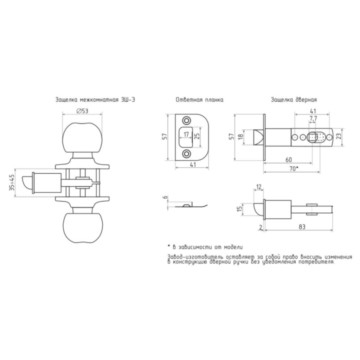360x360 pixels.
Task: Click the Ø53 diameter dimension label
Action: coord(82,111)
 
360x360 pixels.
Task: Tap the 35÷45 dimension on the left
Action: coord(12,182)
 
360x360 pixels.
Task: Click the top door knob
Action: coord(82,138)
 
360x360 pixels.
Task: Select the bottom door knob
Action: coord(82,227)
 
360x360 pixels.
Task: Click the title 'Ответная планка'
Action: coord(200,100)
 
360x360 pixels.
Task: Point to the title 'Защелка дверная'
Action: coord(294,100)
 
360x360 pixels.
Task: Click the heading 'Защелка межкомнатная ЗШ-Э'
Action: coord(95,100)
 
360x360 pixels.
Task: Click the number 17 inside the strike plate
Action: coord(186,134)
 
